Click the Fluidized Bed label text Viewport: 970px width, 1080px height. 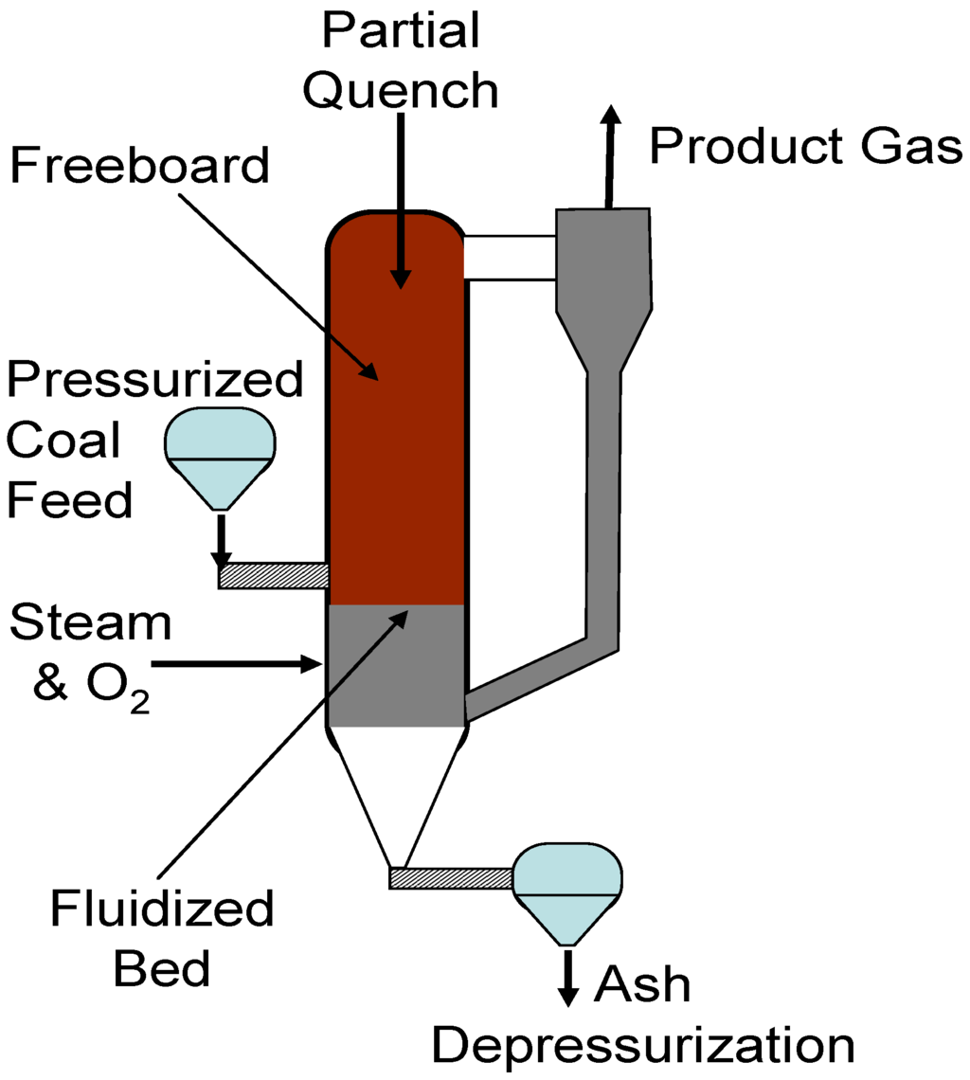[x=162, y=939]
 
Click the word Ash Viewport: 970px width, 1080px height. [x=641, y=984]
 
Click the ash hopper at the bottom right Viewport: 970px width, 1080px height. [x=566, y=891]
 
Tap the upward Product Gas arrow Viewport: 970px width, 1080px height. [x=610, y=156]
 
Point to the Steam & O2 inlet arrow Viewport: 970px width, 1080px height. [x=237, y=665]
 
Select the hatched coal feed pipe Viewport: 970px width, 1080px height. [x=273, y=575]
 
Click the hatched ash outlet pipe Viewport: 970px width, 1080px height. [x=451, y=878]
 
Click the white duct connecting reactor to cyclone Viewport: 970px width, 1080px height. [x=509, y=258]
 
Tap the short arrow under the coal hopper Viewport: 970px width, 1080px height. [x=221, y=540]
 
